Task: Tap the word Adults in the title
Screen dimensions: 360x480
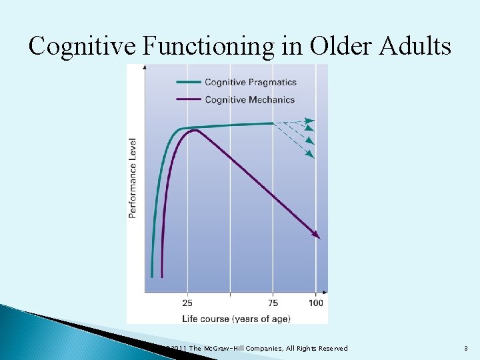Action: (415, 46)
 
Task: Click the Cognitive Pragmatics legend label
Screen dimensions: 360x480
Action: (250, 83)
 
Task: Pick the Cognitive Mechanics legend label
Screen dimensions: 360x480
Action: (249, 100)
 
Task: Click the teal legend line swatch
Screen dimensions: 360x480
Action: (188, 83)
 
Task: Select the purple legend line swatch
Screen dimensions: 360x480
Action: (188, 100)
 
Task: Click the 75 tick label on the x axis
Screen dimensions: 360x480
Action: (274, 303)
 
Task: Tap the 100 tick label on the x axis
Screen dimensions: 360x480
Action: (315, 303)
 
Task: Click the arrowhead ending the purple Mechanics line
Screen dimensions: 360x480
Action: (317, 235)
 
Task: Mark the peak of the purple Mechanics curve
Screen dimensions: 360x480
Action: (195, 130)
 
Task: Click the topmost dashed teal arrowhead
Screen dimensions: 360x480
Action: (310, 121)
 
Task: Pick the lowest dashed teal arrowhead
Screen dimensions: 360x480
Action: (310, 155)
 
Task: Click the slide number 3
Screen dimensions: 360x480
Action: (466, 349)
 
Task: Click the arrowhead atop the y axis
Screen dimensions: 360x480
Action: (145, 67)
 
